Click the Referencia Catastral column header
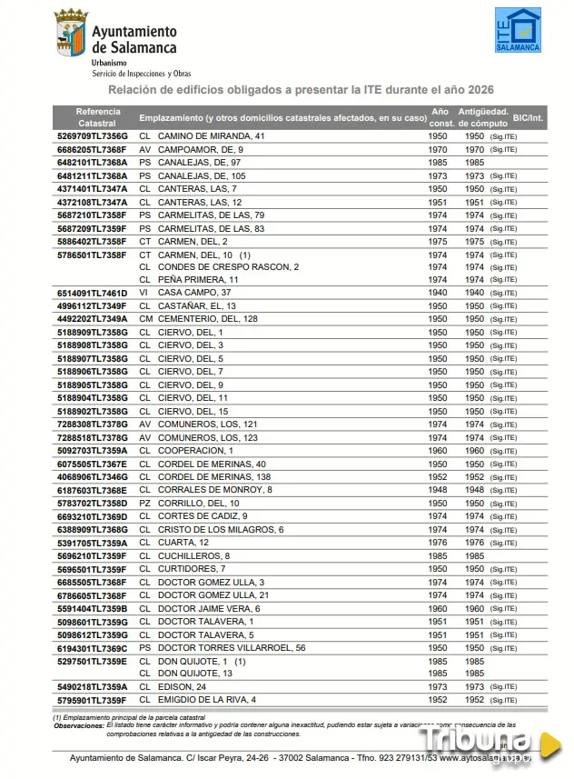(97, 116)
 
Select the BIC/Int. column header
(527, 117)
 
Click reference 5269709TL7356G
(92, 136)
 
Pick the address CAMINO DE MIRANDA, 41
(211, 136)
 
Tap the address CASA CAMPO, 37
(193, 293)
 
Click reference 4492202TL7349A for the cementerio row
(92, 319)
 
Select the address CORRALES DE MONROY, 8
(214, 490)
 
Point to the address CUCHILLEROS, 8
(193, 555)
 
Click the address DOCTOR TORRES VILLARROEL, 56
(231, 648)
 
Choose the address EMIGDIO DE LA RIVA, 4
(207, 700)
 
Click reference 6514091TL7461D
(92, 293)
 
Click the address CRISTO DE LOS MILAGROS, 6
(221, 529)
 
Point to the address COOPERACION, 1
(195, 451)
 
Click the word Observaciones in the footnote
(78, 724)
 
